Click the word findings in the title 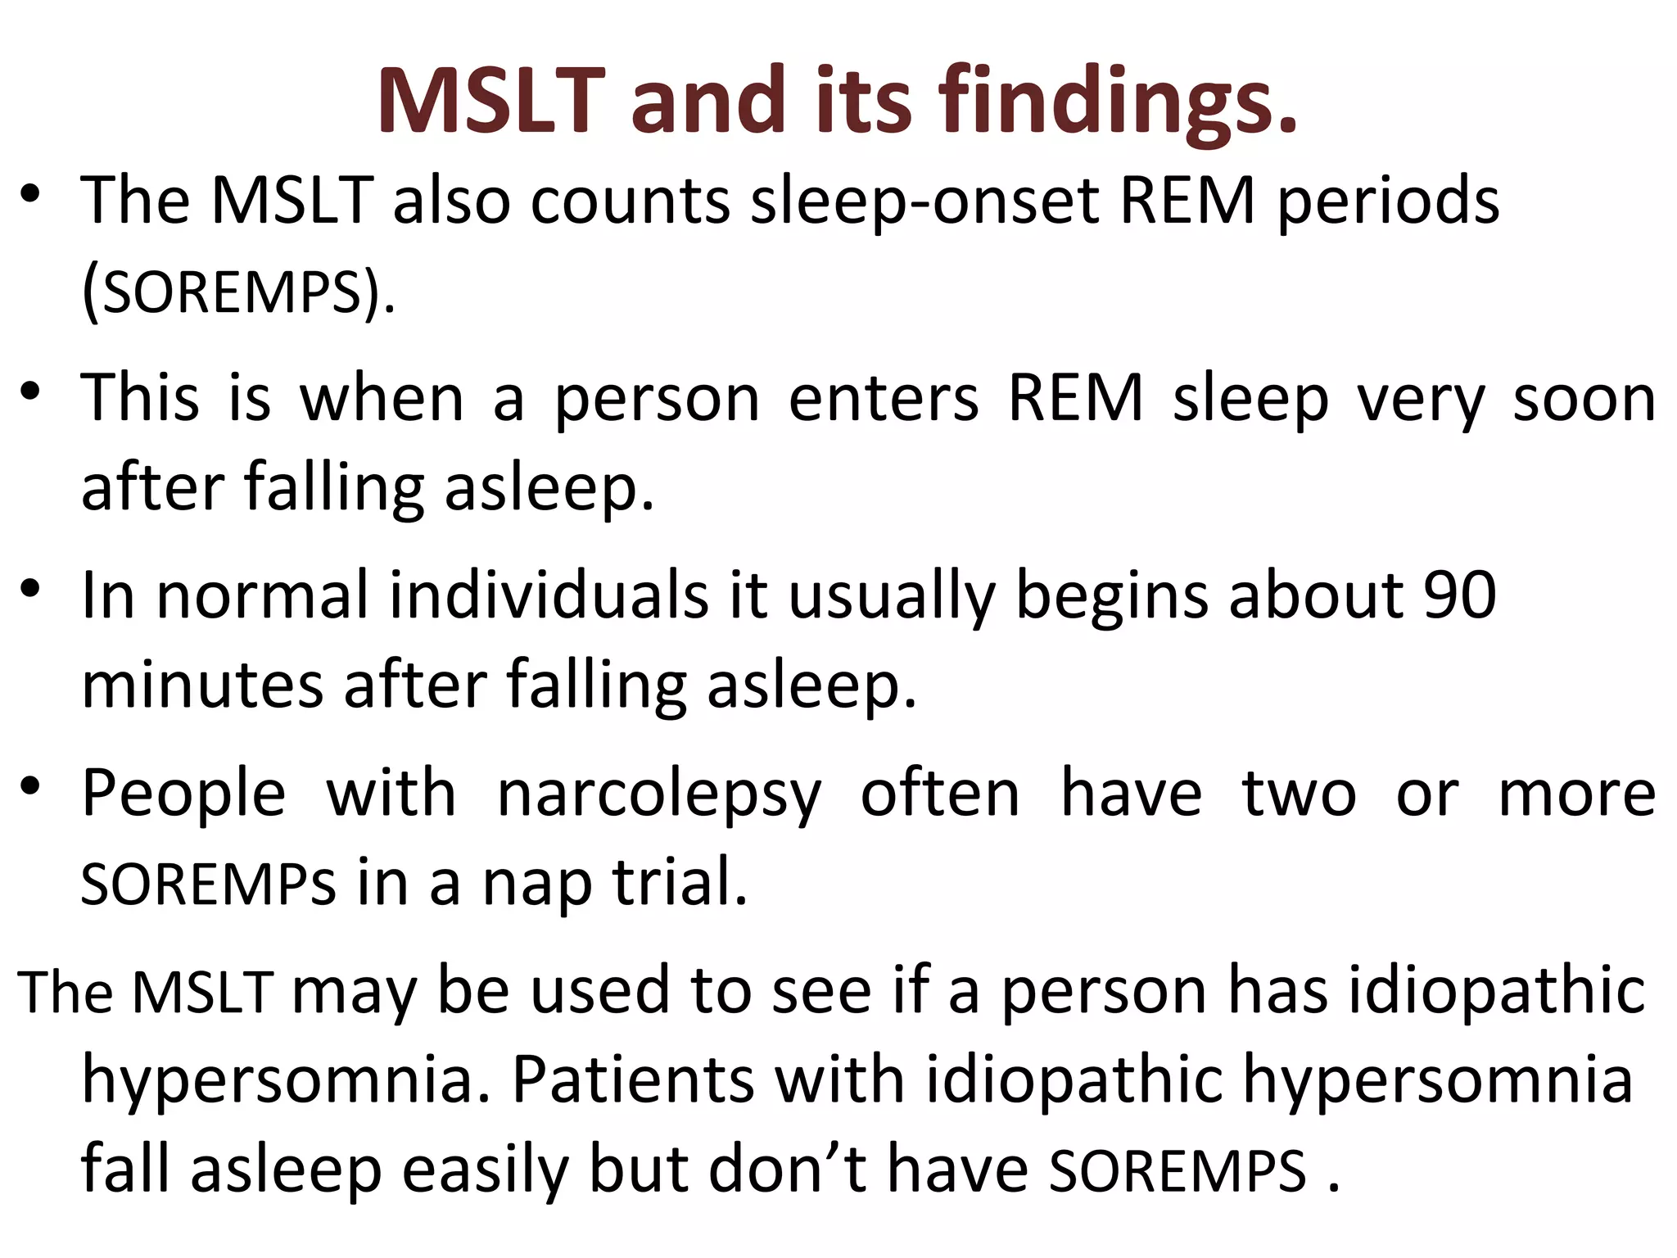[x=1118, y=102]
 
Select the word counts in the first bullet [x=630, y=201]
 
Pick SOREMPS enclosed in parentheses [x=233, y=292]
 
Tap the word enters [x=884, y=399]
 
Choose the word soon [x=1584, y=399]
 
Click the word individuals [x=549, y=595]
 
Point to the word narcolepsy [x=659, y=794]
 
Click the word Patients [x=632, y=1079]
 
